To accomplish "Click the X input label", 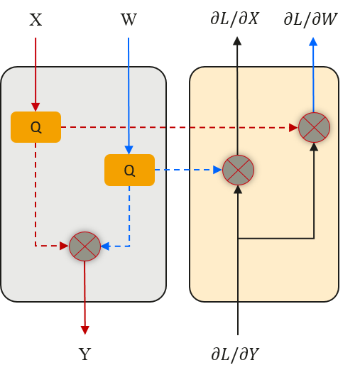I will [x=36, y=19].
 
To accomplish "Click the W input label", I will [x=129, y=19].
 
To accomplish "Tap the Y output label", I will [x=84, y=354].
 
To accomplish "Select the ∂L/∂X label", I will [x=234, y=18].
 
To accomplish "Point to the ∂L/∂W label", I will [x=310, y=18].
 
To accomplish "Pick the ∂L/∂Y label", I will [x=235, y=354].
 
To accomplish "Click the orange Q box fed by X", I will [x=36, y=127].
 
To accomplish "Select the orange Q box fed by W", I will [x=129, y=170].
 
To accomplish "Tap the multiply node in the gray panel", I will [x=84, y=246].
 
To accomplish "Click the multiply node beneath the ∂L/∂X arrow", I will [x=238, y=170].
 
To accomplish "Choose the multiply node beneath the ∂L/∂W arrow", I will [x=314, y=127].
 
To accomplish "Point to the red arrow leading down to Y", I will [x=84, y=298].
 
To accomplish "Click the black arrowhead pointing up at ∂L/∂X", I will [x=237, y=41].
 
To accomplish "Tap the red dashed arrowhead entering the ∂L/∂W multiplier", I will [x=293, y=128].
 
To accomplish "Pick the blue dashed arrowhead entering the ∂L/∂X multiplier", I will [x=217, y=170].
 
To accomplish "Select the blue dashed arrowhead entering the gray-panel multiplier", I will [x=105, y=246].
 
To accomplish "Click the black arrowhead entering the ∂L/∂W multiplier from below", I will [x=314, y=146].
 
